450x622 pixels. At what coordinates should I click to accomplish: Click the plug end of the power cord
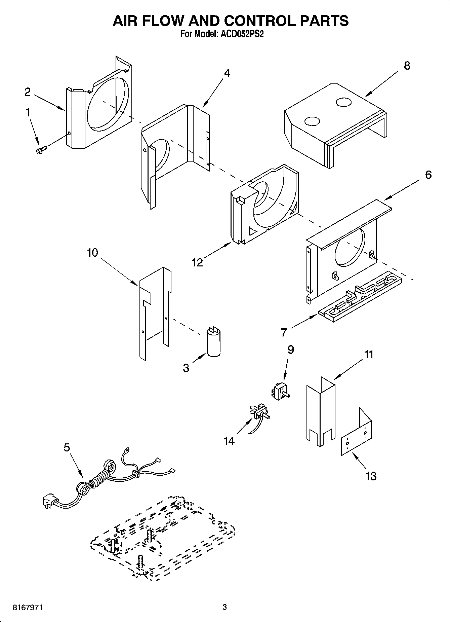49,501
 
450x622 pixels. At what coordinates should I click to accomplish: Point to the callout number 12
198,262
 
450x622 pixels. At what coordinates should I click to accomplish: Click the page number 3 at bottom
224,607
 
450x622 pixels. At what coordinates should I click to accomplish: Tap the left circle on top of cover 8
312,121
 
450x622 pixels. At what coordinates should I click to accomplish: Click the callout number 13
371,476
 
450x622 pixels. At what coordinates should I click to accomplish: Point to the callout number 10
92,252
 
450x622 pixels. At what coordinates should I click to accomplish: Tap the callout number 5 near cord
67,447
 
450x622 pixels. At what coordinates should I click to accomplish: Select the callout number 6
428,175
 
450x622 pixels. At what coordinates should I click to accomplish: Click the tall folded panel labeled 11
320,414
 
